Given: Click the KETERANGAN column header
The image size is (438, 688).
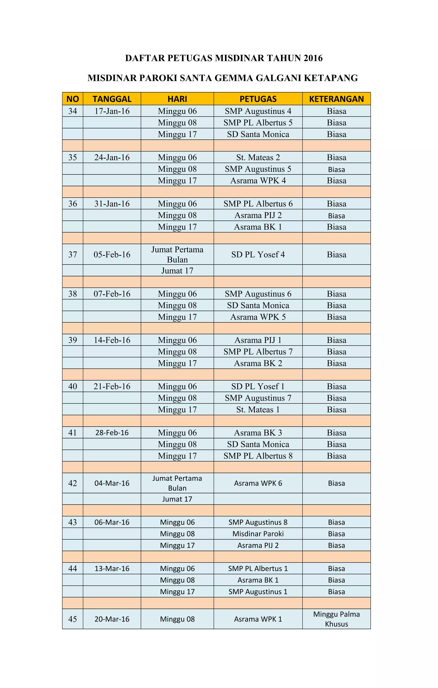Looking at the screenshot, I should (336, 99).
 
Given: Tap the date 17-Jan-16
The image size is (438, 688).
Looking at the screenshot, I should (112, 111).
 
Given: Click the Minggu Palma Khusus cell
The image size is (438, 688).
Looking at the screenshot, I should (336, 619).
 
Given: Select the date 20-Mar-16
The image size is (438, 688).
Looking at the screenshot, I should (112, 619).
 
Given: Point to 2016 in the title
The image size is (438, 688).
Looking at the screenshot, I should (313, 58).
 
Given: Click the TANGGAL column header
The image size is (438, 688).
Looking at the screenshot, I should (112, 99).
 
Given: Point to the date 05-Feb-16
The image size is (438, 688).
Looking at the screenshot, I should (112, 254).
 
